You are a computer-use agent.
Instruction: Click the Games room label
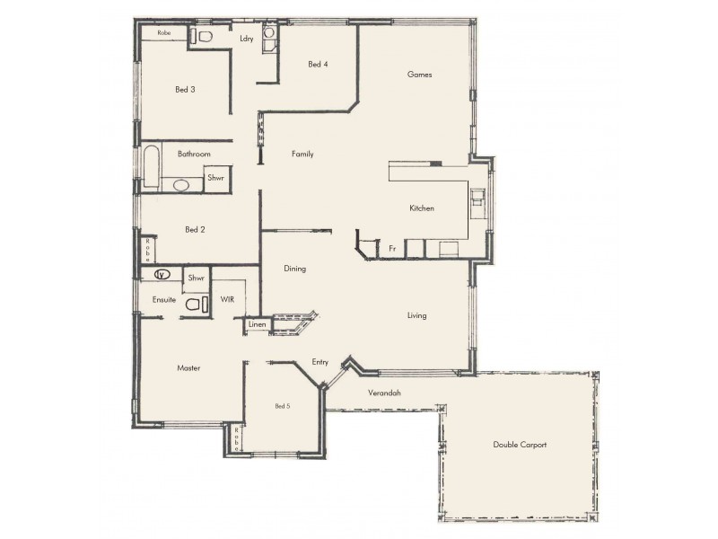[x=420, y=75]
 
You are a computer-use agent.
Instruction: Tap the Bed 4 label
[x=318, y=64]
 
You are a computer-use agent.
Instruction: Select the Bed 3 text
[x=185, y=89]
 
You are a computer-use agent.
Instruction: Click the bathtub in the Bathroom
[x=152, y=169]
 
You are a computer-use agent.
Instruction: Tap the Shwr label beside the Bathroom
[x=215, y=179]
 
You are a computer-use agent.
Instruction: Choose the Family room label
[x=302, y=155]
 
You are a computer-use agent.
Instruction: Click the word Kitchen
[x=422, y=208]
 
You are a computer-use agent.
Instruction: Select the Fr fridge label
[x=392, y=247]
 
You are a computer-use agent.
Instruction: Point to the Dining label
[x=295, y=269]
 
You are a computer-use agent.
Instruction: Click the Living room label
[x=416, y=315]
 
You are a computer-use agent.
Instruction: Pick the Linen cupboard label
[x=258, y=323]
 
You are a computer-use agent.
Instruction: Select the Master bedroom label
[x=188, y=368]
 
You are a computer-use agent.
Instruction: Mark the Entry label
[x=320, y=362]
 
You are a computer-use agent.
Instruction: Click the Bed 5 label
[x=283, y=407]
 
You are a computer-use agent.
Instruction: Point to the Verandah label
[x=384, y=393]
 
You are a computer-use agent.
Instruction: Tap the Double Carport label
[x=520, y=445]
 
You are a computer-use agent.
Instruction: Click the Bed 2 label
[x=196, y=230]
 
